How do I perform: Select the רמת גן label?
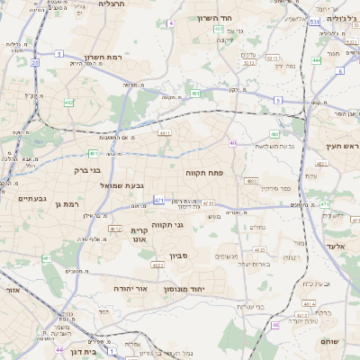67,203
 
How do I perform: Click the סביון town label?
177,256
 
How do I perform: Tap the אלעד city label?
336,246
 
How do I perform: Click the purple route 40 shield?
232,142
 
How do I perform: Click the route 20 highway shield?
34,63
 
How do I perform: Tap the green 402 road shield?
69,103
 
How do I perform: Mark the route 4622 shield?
157,265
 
